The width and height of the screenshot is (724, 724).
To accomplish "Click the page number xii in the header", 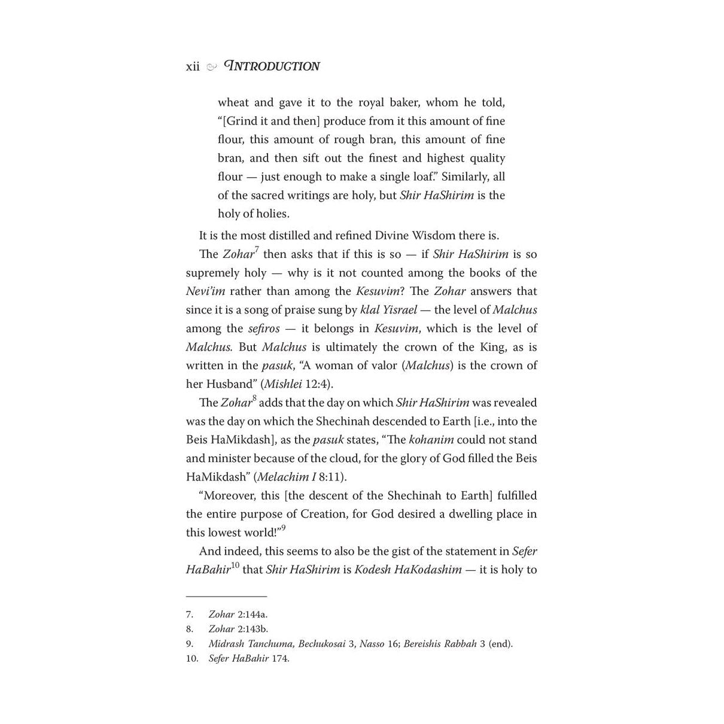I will pos(193,66).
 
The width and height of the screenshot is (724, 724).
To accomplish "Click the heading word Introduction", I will pos(272,66).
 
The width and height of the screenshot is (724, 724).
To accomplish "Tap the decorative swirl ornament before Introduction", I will pos(211,67).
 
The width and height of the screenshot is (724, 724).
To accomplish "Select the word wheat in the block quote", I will pos(233,102).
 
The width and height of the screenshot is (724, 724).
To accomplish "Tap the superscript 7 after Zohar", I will pos(257,249).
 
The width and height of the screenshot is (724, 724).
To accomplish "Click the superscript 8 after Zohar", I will pos(254,398).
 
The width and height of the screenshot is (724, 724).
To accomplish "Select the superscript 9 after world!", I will pos(284,528).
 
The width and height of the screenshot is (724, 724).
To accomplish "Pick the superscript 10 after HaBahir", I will pos(235,565).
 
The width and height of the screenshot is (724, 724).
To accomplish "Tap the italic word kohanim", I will pos(431,440).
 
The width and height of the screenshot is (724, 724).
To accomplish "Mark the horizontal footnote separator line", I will pos(226,597).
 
